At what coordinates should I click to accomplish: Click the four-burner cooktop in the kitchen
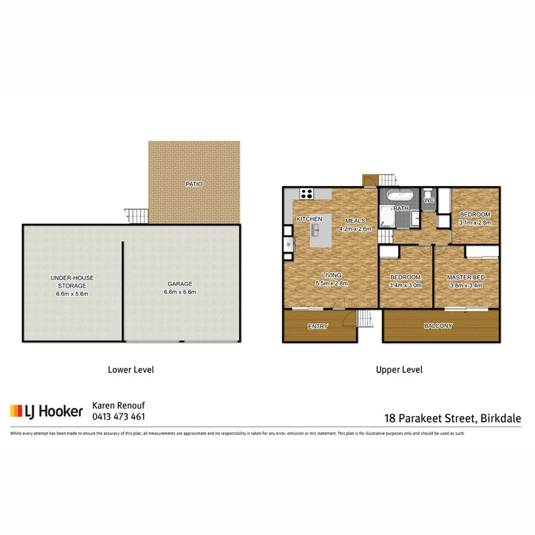pyautogui.click(x=307, y=193)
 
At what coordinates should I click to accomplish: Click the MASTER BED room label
pyautogui.click(x=465, y=278)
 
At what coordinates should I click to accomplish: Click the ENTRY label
pyautogui.click(x=318, y=327)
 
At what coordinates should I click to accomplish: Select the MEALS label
pyautogui.click(x=355, y=221)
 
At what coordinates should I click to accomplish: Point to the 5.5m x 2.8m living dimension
pyautogui.click(x=332, y=283)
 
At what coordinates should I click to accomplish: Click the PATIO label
pyautogui.click(x=194, y=184)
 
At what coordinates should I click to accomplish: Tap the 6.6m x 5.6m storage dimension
pyautogui.click(x=72, y=294)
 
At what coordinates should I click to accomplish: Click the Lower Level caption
pyautogui.click(x=131, y=370)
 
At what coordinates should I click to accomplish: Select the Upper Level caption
pyautogui.click(x=399, y=370)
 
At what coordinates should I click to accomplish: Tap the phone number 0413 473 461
pyautogui.click(x=118, y=417)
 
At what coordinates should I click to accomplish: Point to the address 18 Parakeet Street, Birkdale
pyautogui.click(x=452, y=418)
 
